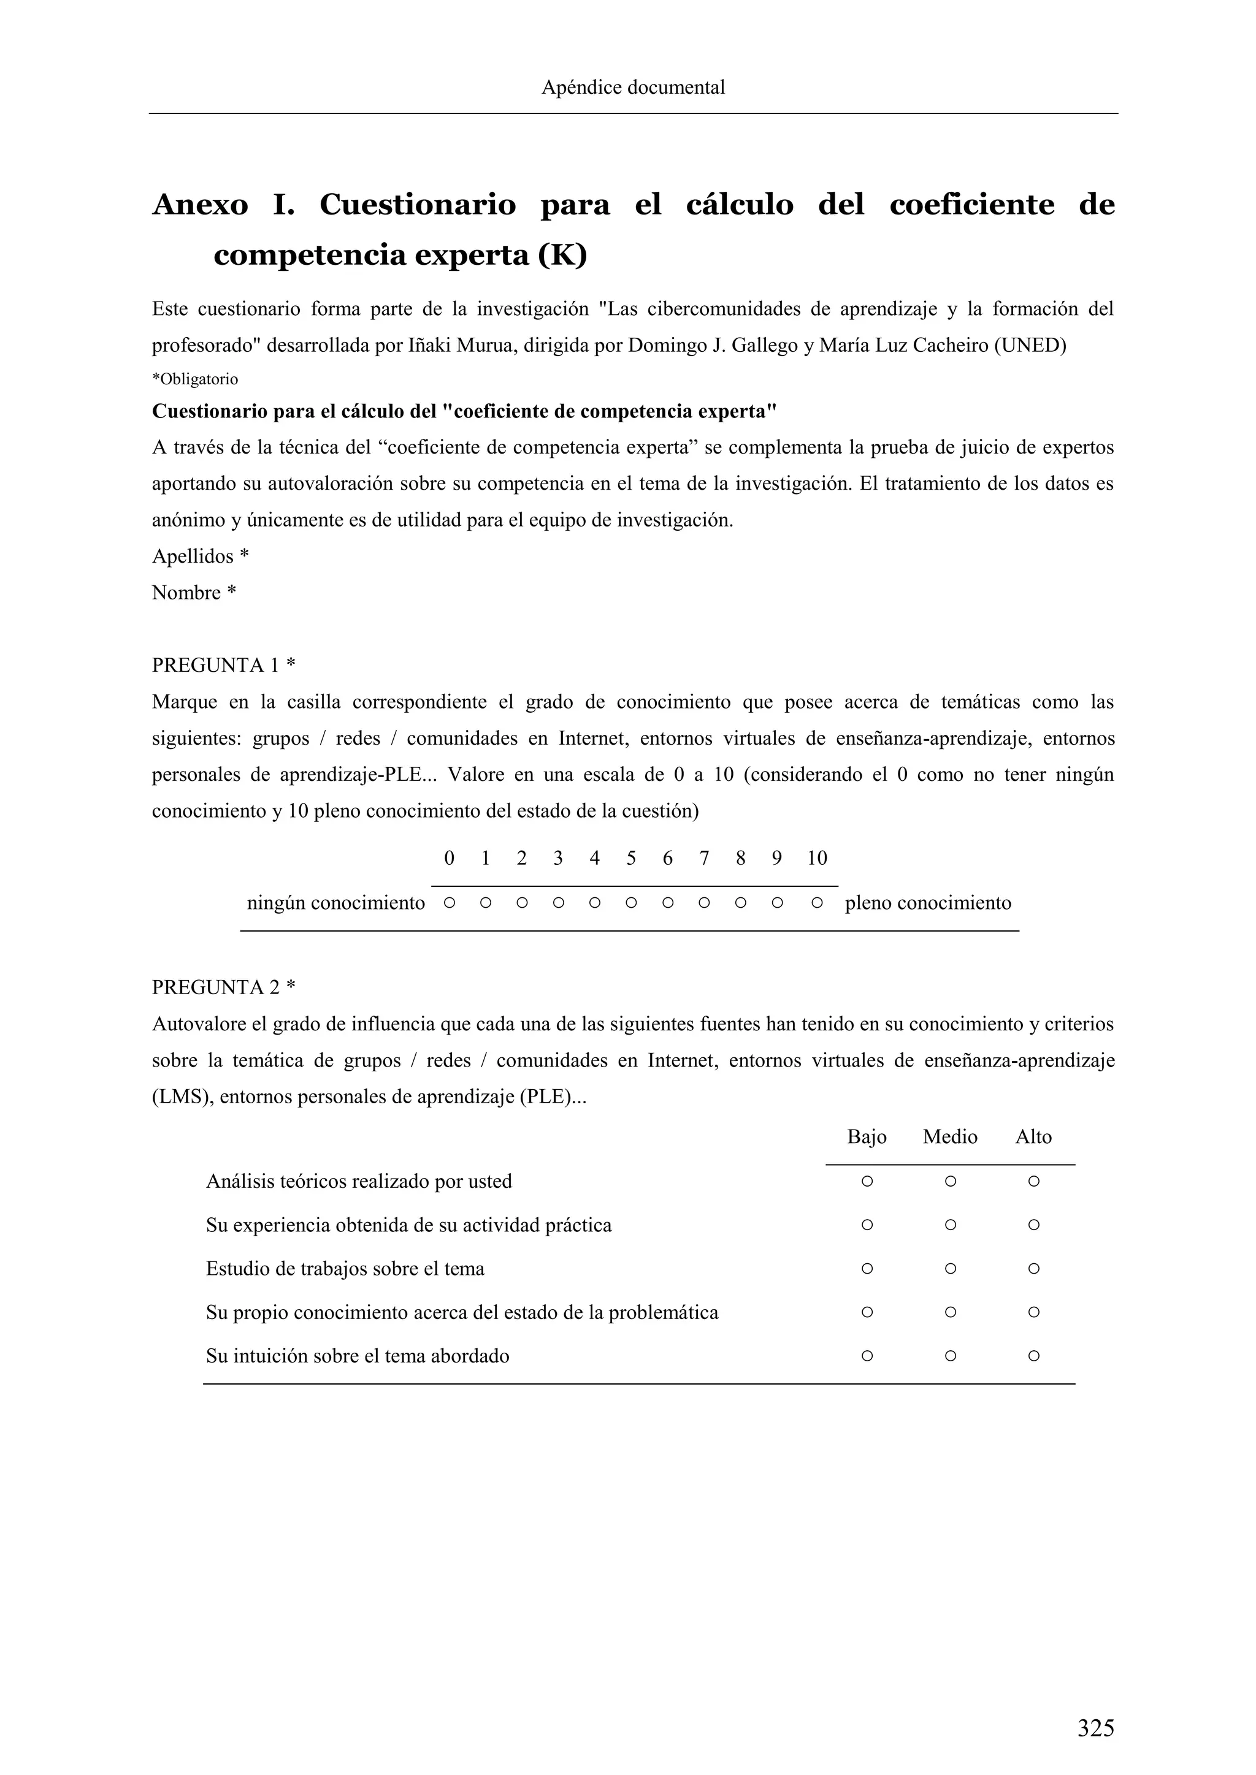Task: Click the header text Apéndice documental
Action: pos(633,88)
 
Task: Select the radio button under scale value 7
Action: pos(704,902)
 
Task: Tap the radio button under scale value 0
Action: pos(448,902)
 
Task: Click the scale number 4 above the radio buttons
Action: pos(594,858)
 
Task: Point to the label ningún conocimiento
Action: pos(335,903)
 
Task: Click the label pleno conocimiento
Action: pos(928,903)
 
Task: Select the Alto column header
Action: pos(1033,1136)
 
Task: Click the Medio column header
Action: pos(950,1136)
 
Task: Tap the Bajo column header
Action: pos(866,1136)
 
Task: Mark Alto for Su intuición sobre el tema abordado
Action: pos(1033,1356)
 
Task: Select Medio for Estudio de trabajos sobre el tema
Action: pos(951,1269)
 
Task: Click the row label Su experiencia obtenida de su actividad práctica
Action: pos(408,1225)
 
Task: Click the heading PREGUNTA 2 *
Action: pos(223,987)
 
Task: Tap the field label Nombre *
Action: pos(193,593)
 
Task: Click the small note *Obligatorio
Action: pos(195,379)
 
